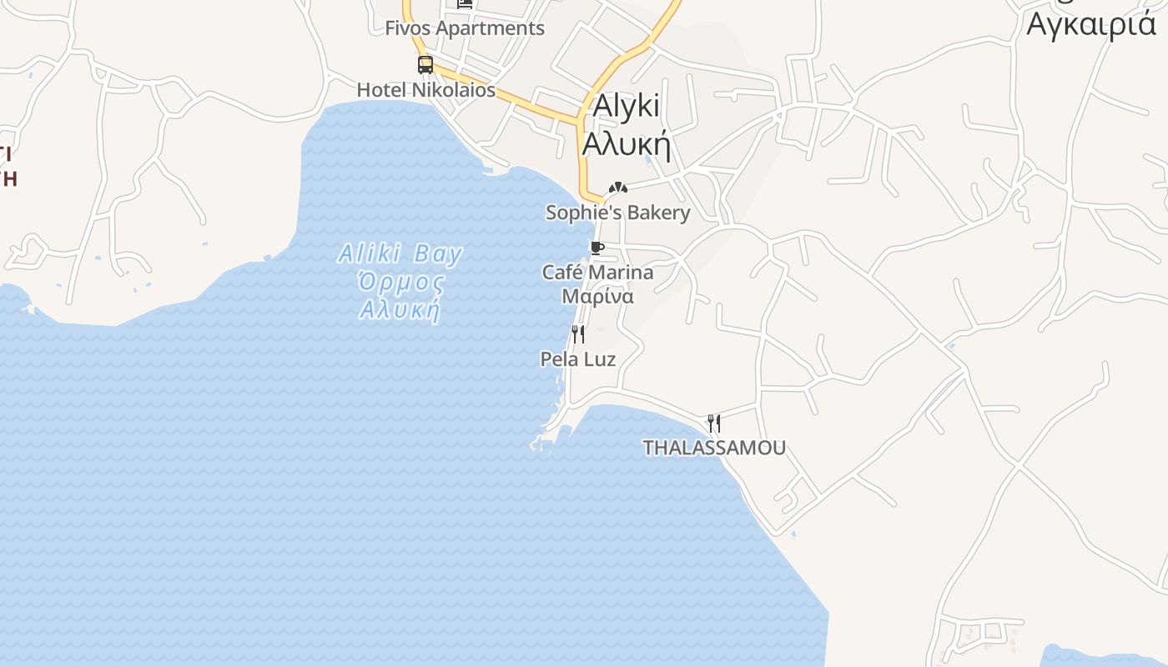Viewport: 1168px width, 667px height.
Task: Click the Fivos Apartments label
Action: (x=464, y=28)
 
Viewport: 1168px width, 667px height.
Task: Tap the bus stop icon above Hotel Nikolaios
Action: (x=425, y=64)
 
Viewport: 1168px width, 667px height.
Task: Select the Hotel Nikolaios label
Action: (x=425, y=90)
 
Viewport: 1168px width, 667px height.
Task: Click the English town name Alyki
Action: (x=626, y=106)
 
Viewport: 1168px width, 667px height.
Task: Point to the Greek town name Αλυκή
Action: (x=626, y=143)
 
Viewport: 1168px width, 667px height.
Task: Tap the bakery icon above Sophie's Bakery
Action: (x=617, y=188)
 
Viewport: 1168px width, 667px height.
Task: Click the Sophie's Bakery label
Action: (x=617, y=213)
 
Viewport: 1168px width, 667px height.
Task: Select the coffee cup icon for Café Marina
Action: (x=597, y=248)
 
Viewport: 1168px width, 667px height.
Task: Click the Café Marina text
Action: (x=597, y=273)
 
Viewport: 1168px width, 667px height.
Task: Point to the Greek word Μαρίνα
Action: (x=597, y=297)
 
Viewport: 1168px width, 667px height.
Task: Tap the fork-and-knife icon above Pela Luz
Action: (x=577, y=334)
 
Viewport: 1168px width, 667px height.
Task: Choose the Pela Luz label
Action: (x=578, y=359)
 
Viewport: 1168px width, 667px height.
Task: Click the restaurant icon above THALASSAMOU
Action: (x=713, y=423)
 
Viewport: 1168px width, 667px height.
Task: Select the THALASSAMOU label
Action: (x=713, y=448)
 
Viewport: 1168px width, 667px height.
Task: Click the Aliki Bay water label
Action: (x=400, y=253)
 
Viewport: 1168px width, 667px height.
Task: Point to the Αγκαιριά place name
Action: (x=1091, y=23)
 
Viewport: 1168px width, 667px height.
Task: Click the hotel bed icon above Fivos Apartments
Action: (x=465, y=4)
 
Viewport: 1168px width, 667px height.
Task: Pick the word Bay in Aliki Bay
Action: (x=438, y=253)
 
